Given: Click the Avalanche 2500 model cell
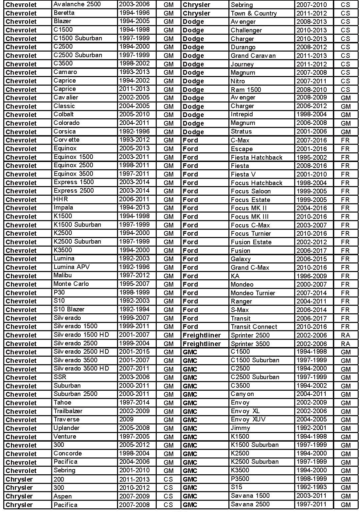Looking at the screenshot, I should (77, 4).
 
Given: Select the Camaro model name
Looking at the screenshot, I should (65, 72).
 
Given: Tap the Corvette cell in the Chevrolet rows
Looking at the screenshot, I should (66, 140).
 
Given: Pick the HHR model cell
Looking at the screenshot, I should (60, 199).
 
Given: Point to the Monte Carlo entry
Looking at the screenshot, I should (71, 284).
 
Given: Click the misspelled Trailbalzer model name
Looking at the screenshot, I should (68, 411).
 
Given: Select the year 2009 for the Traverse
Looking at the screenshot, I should (126, 419).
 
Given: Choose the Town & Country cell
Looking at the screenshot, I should (254, 13).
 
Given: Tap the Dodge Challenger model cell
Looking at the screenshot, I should (246, 30).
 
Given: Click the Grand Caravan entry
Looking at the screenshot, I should (253, 56).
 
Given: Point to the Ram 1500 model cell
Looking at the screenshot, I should (246, 90).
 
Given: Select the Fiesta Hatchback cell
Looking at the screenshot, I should (257, 157).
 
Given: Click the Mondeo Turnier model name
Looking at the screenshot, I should (253, 293).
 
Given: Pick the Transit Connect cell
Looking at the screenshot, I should (254, 327).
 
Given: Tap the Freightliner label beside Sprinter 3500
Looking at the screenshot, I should (202, 344).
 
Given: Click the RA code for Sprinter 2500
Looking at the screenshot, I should (345, 335).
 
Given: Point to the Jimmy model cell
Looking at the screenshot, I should (240, 428).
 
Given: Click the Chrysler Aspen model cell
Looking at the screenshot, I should (62, 496).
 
